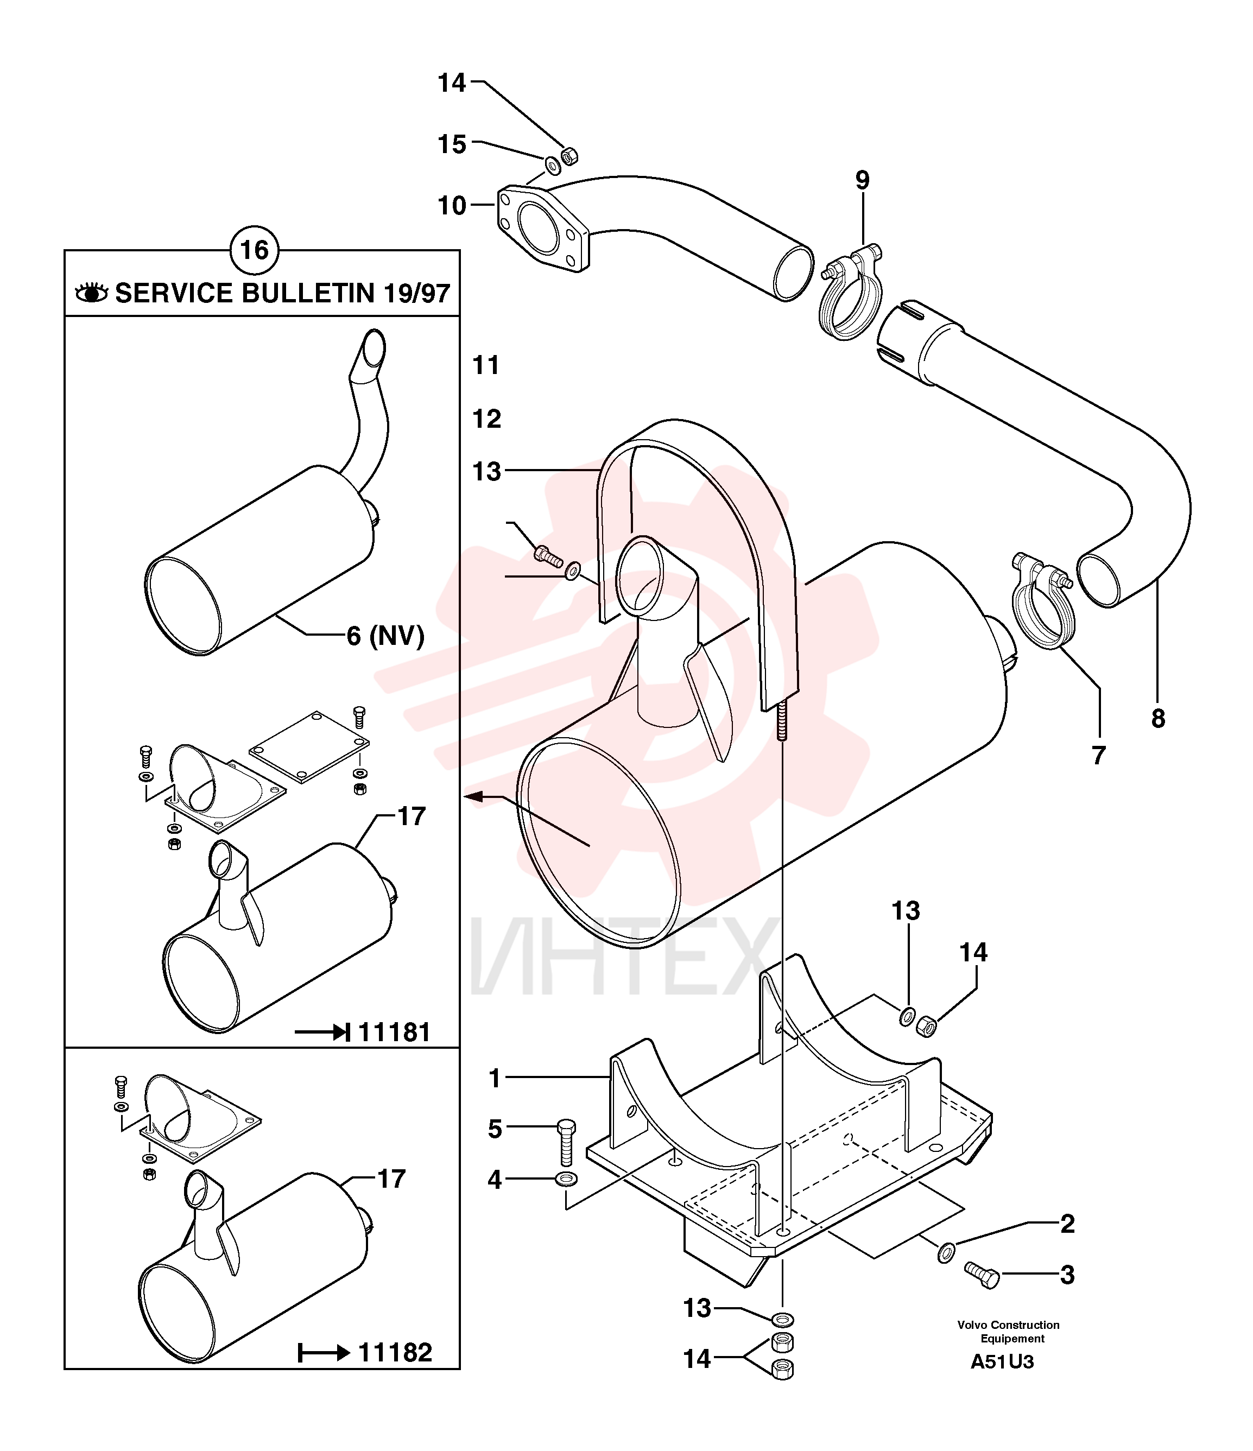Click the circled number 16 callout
[254, 250]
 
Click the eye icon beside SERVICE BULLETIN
[92, 293]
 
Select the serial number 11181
[394, 1032]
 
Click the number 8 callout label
[1159, 719]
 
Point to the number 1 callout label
[495, 1079]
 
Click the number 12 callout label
[487, 419]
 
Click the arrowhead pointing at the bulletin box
[473, 796]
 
